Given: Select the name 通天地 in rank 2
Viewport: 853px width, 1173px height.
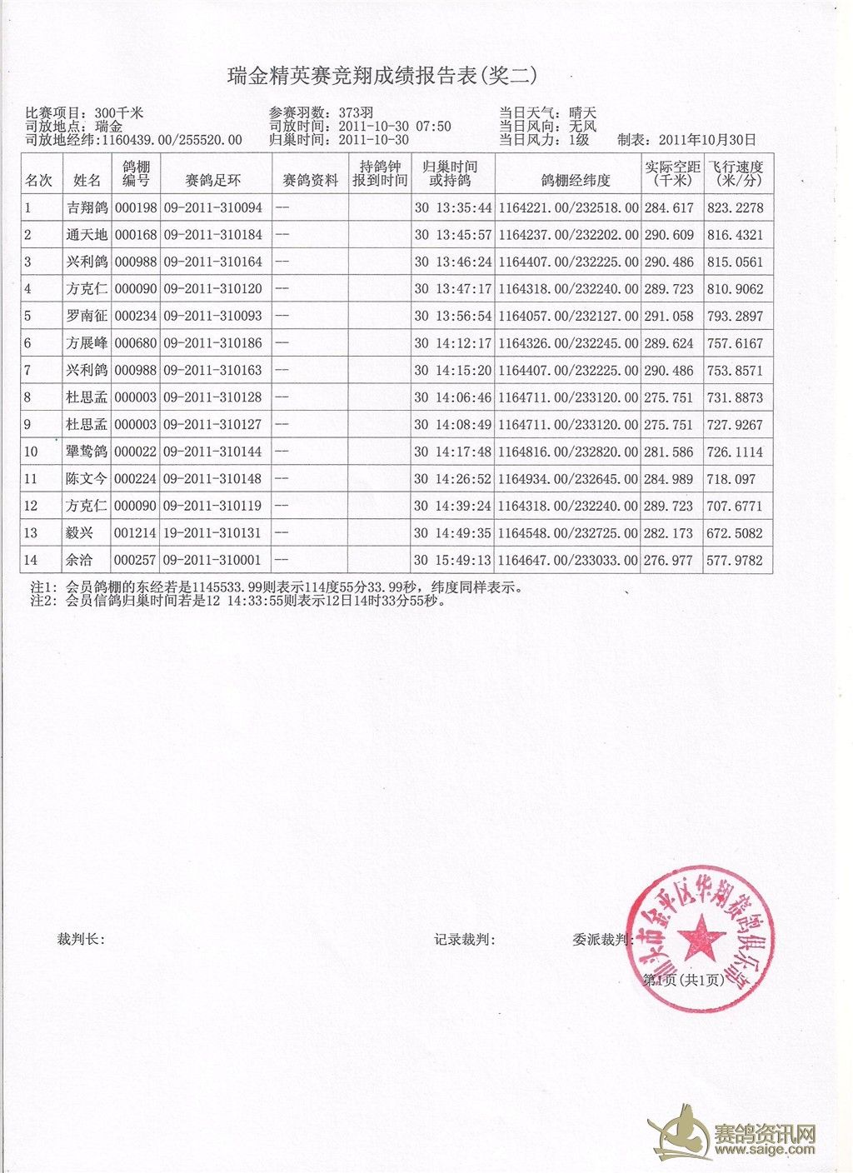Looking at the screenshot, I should tap(87, 235).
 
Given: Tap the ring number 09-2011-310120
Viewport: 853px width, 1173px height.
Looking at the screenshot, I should tap(213, 289).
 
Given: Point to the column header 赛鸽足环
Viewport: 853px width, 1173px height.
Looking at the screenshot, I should tap(213, 180).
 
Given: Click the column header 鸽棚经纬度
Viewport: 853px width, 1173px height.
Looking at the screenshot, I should tap(576, 180).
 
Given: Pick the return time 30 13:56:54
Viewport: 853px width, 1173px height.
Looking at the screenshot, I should tap(453, 317).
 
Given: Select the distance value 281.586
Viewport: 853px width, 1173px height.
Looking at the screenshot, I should tap(669, 452).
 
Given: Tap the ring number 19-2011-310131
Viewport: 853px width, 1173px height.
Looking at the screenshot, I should tap(213, 533).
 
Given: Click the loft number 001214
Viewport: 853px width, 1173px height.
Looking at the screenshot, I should tap(135, 533).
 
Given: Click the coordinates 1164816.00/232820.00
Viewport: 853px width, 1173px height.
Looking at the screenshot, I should tap(568, 452).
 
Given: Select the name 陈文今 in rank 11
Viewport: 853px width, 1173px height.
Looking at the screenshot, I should tap(87, 479).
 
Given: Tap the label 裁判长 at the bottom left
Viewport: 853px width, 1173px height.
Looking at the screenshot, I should tap(80, 940).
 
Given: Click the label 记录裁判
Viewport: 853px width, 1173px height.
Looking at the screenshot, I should tap(464, 940).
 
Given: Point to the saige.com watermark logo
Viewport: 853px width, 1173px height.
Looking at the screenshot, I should tap(733, 1136).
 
